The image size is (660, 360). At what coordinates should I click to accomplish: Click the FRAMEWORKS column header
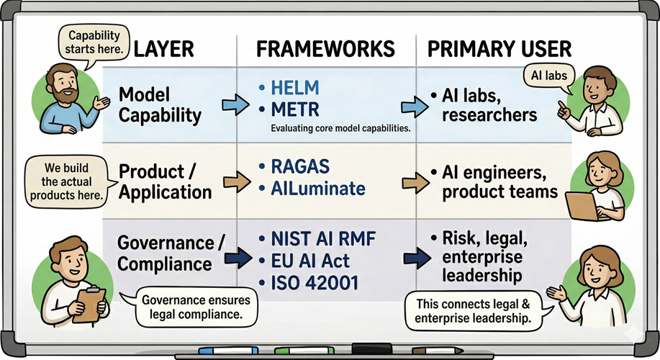(325, 49)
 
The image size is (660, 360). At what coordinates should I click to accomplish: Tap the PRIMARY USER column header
(499, 49)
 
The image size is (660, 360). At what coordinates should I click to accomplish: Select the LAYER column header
(164, 49)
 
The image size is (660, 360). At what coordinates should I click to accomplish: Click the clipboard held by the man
(89, 303)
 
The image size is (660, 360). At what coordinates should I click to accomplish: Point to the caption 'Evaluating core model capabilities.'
(340, 129)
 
